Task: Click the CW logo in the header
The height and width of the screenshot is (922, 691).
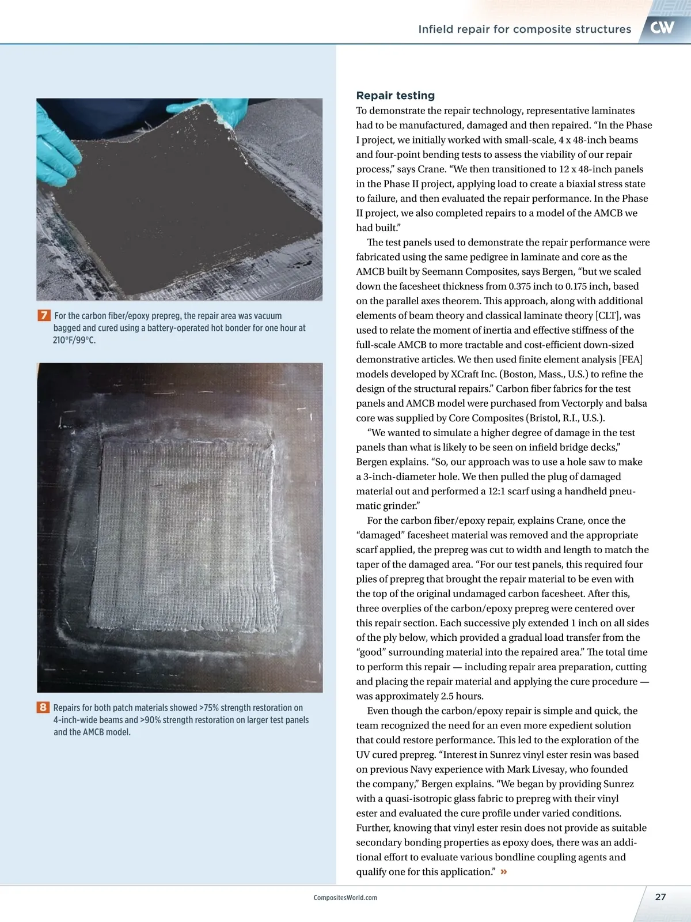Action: pos(662,28)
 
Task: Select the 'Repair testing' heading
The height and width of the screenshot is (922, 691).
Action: pos(395,96)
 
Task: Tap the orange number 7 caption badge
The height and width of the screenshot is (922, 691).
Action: pos(44,315)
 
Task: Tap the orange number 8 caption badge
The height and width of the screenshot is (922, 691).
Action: pos(43,707)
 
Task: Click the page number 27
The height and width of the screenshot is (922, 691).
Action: pos(660,897)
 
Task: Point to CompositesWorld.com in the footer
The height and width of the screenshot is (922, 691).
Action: pos(345,898)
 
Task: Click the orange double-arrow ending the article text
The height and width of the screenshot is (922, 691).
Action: pos(504,871)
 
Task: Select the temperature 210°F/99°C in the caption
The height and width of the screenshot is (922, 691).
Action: pos(74,340)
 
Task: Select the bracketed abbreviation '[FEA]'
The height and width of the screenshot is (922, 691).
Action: pos(631,360)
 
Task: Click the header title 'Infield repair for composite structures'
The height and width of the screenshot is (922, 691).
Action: pos(525,29)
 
